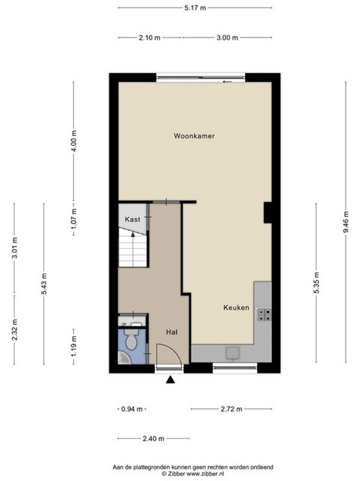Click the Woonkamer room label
194,136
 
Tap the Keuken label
236,307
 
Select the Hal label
171,332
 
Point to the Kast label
132,219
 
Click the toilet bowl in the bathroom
131,339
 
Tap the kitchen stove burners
264,314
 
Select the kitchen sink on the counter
233,353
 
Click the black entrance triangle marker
171,380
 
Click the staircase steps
133,249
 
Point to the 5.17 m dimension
195,8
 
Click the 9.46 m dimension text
346,222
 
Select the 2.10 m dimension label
150,38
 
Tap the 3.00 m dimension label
227,38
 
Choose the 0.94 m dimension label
132,409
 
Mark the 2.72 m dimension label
231,409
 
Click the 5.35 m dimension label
316,283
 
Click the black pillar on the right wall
268,213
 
